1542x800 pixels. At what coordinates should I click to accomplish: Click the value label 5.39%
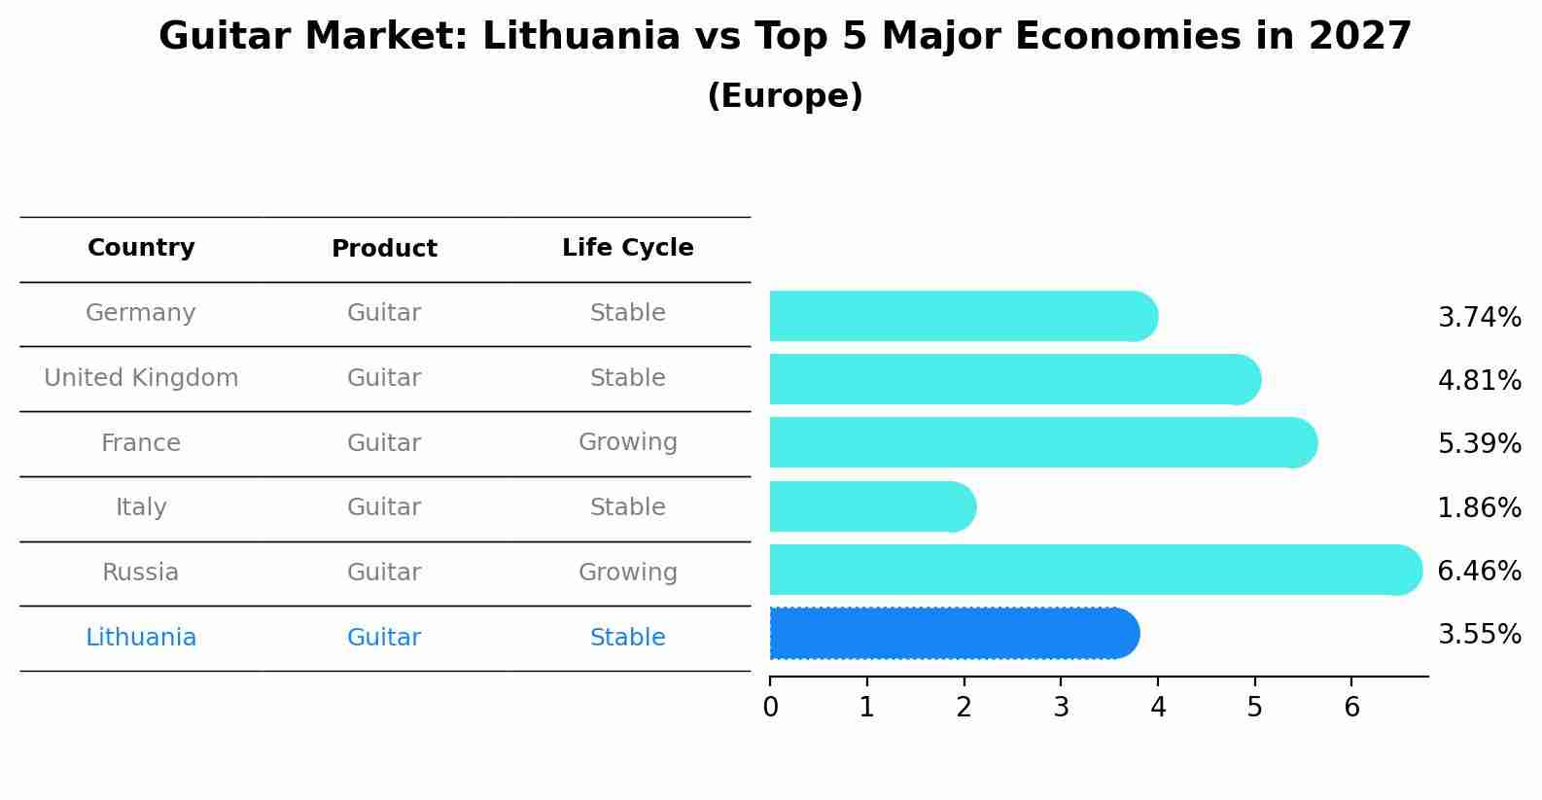(1479, 444)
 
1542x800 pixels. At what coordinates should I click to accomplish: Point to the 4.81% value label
(1479, 380)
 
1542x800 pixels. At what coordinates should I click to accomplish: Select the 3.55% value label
(1479, 635)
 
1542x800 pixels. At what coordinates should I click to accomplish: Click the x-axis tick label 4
(1158, 708)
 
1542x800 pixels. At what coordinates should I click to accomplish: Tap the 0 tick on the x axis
(770, 708)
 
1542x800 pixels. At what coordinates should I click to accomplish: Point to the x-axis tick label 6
(1351, 708)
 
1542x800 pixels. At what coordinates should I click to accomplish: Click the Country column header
(141, 248)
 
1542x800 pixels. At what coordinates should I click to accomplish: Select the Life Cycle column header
(627, 248)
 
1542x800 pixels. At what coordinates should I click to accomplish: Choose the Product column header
(384, 249)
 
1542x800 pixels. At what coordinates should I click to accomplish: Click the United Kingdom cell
(141, 378)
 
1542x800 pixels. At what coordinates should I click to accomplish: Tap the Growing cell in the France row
(627, 442)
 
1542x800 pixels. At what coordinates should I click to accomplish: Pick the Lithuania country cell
(141, 638)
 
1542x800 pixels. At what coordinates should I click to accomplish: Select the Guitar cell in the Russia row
(384, 573)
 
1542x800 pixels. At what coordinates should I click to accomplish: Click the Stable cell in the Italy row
(627, 507)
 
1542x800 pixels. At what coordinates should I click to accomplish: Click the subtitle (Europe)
(785, 96)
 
